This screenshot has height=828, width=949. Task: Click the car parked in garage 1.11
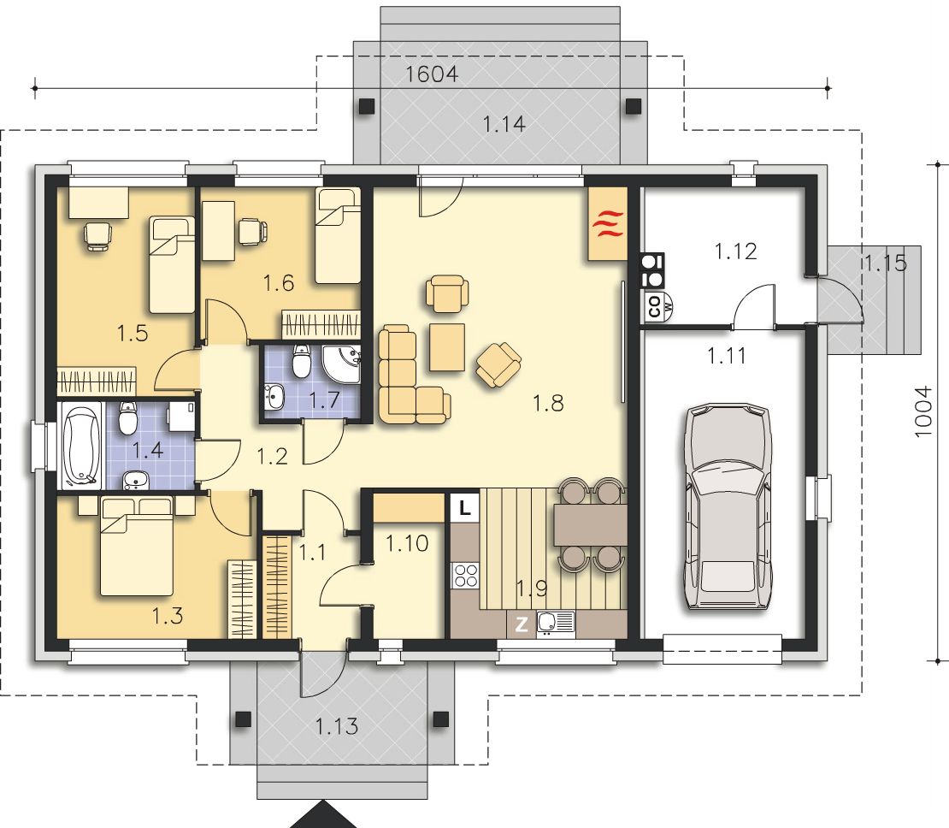(728, 507)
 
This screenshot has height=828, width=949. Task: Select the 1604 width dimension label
(432, 74)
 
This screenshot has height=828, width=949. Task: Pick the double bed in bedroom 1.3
(137, 545)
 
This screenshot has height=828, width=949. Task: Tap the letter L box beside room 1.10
(465, 507)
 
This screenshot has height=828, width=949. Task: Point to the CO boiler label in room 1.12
(654, 305)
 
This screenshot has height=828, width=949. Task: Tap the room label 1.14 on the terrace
(504, 124)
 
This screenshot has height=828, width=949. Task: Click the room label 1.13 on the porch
(337, 725)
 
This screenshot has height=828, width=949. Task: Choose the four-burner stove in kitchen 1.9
(465, 575)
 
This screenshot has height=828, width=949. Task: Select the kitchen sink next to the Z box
(556, 624)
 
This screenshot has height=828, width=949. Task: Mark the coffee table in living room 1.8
(447, 347)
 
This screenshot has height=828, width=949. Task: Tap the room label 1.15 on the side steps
(885, 263)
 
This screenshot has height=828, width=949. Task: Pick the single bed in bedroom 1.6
(338, 235)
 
